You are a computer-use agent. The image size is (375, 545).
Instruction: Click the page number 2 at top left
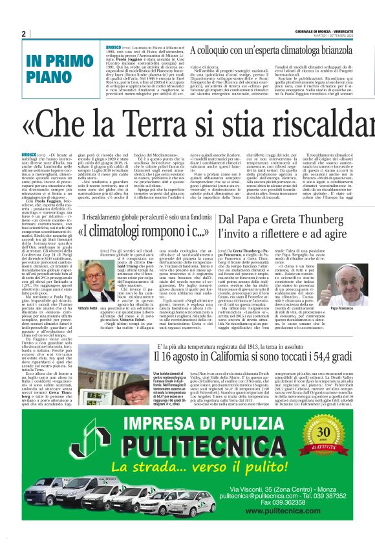tap(23, 34)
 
